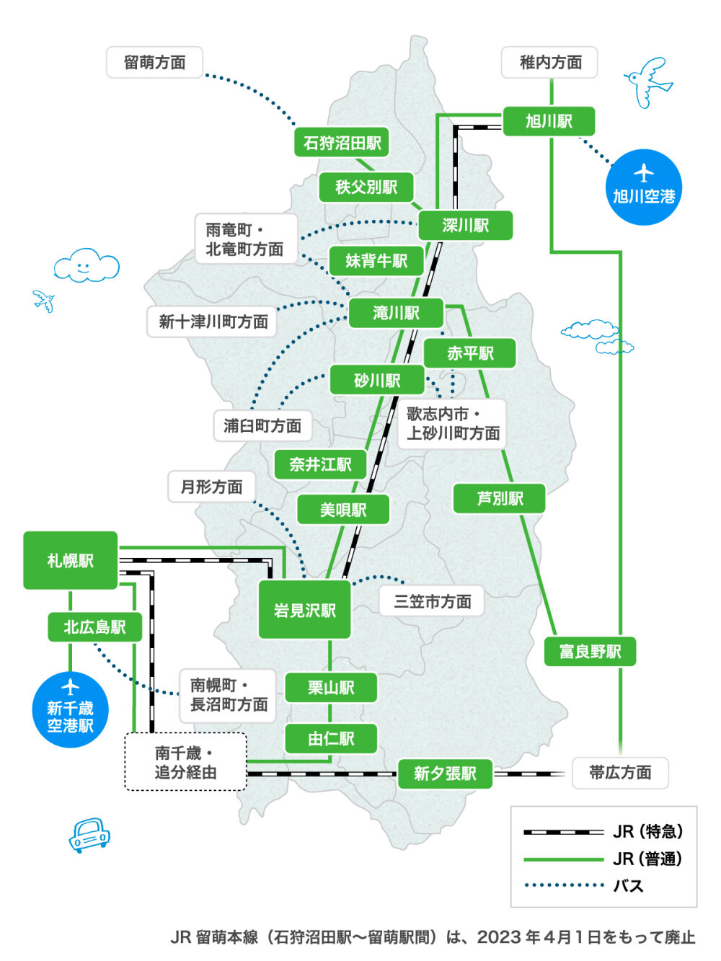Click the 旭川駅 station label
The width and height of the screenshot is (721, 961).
(x=549, y=121)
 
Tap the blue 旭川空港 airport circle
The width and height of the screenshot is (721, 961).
(x=643, y=187)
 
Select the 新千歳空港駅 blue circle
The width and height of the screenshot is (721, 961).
(x=70, y=709)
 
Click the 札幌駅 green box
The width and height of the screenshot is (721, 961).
(x=70, y=560)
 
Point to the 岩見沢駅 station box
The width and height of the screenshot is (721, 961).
(x=304, y=610)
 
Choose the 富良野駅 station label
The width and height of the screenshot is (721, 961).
(x=590, y=652)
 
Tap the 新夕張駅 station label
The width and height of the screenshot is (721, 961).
(x=445, y=774)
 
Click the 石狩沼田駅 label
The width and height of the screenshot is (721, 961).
(x=342, y=143)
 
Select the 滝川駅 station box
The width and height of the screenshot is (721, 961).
(x=396, y=313)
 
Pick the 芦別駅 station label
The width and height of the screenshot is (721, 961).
(x=499, y=499)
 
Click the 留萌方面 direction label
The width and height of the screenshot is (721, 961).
(x=154, y=63)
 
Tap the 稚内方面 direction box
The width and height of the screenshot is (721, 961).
(x=550, y=63)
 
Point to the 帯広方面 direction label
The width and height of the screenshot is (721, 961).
(x=620, y=773)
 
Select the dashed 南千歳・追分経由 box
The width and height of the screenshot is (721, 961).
(x=185, y=762)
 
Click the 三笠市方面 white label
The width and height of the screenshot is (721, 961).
(x=432, y=601)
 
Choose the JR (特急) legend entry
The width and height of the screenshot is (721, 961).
(x=603, y=831)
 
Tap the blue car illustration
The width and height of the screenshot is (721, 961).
(x=89, y=835)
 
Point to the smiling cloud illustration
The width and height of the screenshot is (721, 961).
(x=86, y=266)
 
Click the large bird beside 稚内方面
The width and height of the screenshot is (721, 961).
(x=648, y=81)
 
